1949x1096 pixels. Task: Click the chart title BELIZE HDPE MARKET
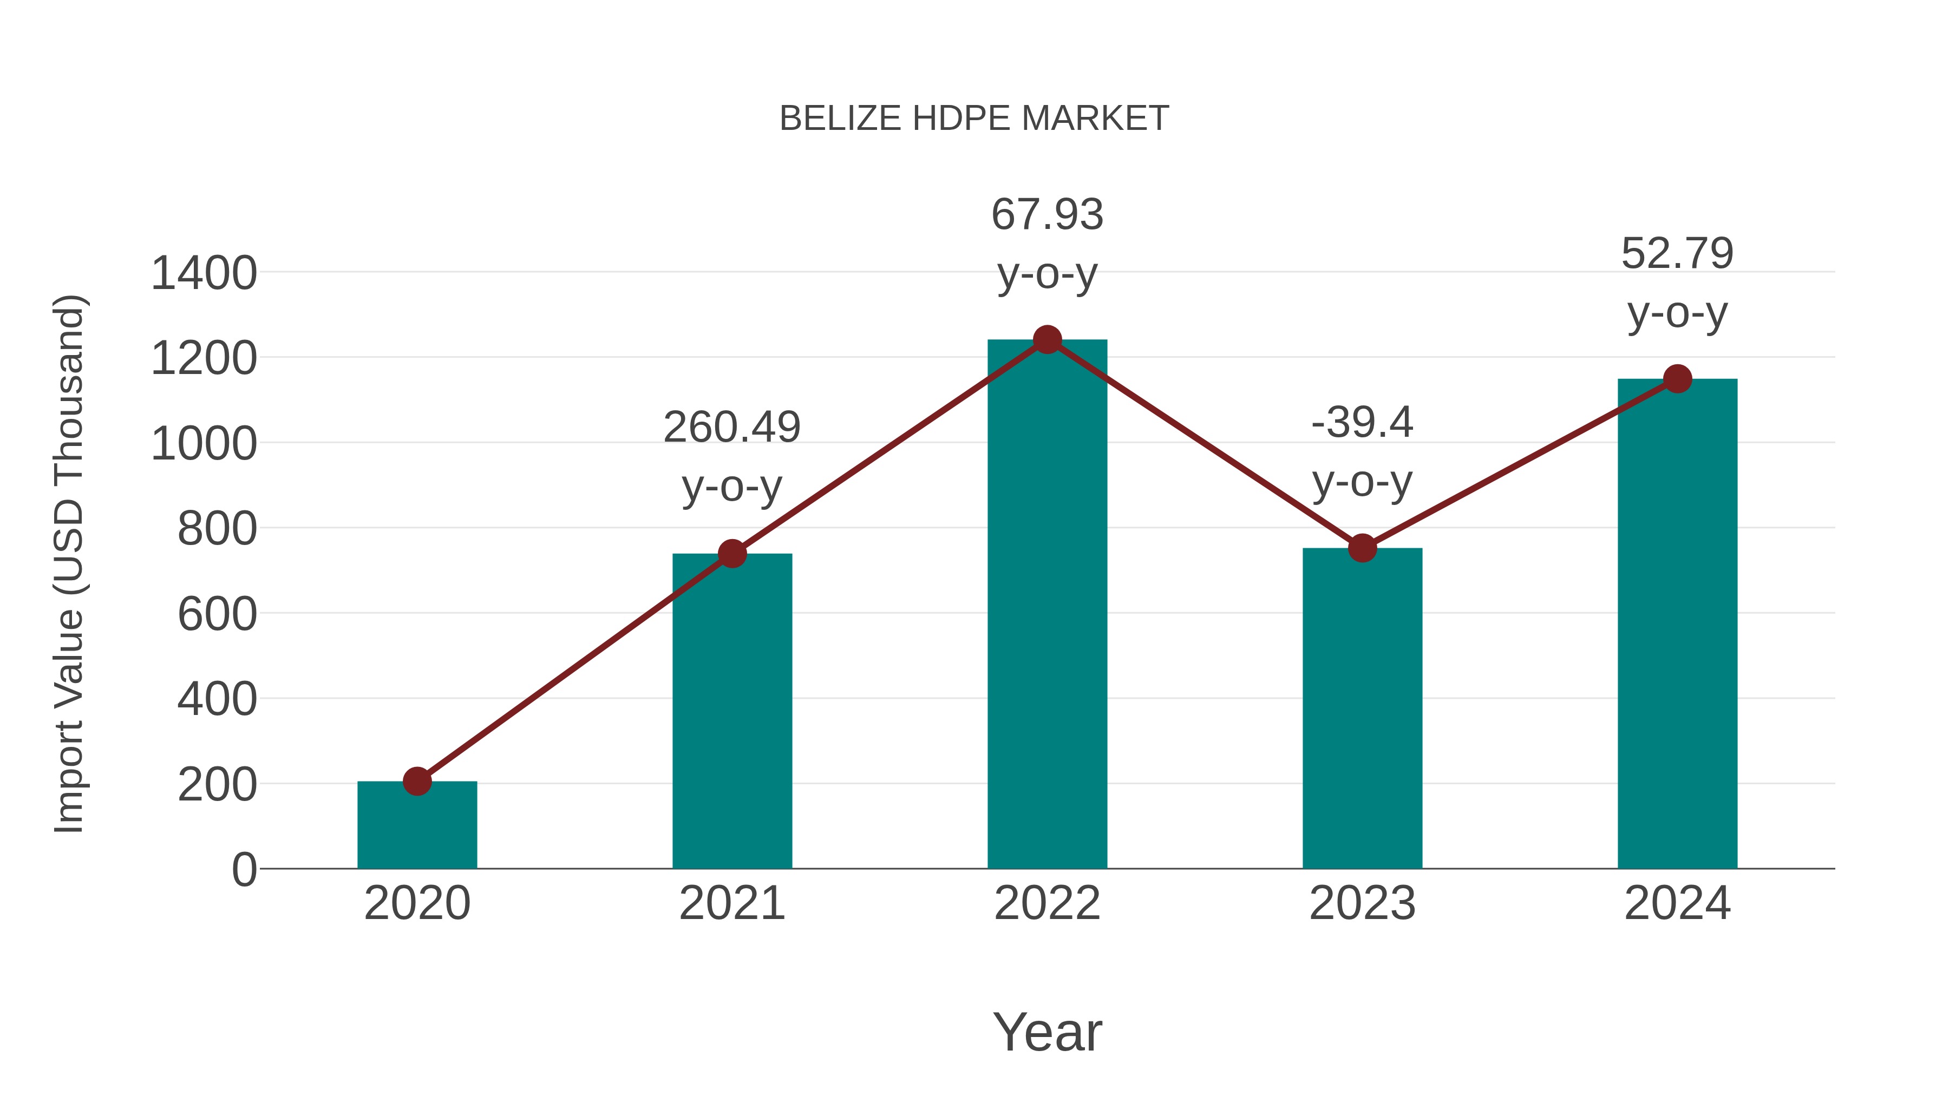[974, 119]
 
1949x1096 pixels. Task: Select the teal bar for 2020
[417, 828]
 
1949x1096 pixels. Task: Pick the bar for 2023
[1362, 711]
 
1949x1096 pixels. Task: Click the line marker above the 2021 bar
[731, 554]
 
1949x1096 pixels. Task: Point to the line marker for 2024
[1677, 378]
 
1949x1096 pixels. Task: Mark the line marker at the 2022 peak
[1047, 339]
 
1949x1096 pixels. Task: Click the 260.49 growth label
[731, 428]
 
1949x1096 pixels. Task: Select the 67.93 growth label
[1047, 215]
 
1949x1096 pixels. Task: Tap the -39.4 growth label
[1362, 422]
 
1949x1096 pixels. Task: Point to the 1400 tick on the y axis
[204, 273]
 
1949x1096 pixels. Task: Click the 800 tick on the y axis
[217, 529]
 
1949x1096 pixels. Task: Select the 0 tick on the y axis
[244, 869]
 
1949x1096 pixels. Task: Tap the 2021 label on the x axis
[731, 903]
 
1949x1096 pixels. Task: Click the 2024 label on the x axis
[1677, 903]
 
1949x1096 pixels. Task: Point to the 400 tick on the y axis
[217, 700]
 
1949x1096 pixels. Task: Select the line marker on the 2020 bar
[417, 782]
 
